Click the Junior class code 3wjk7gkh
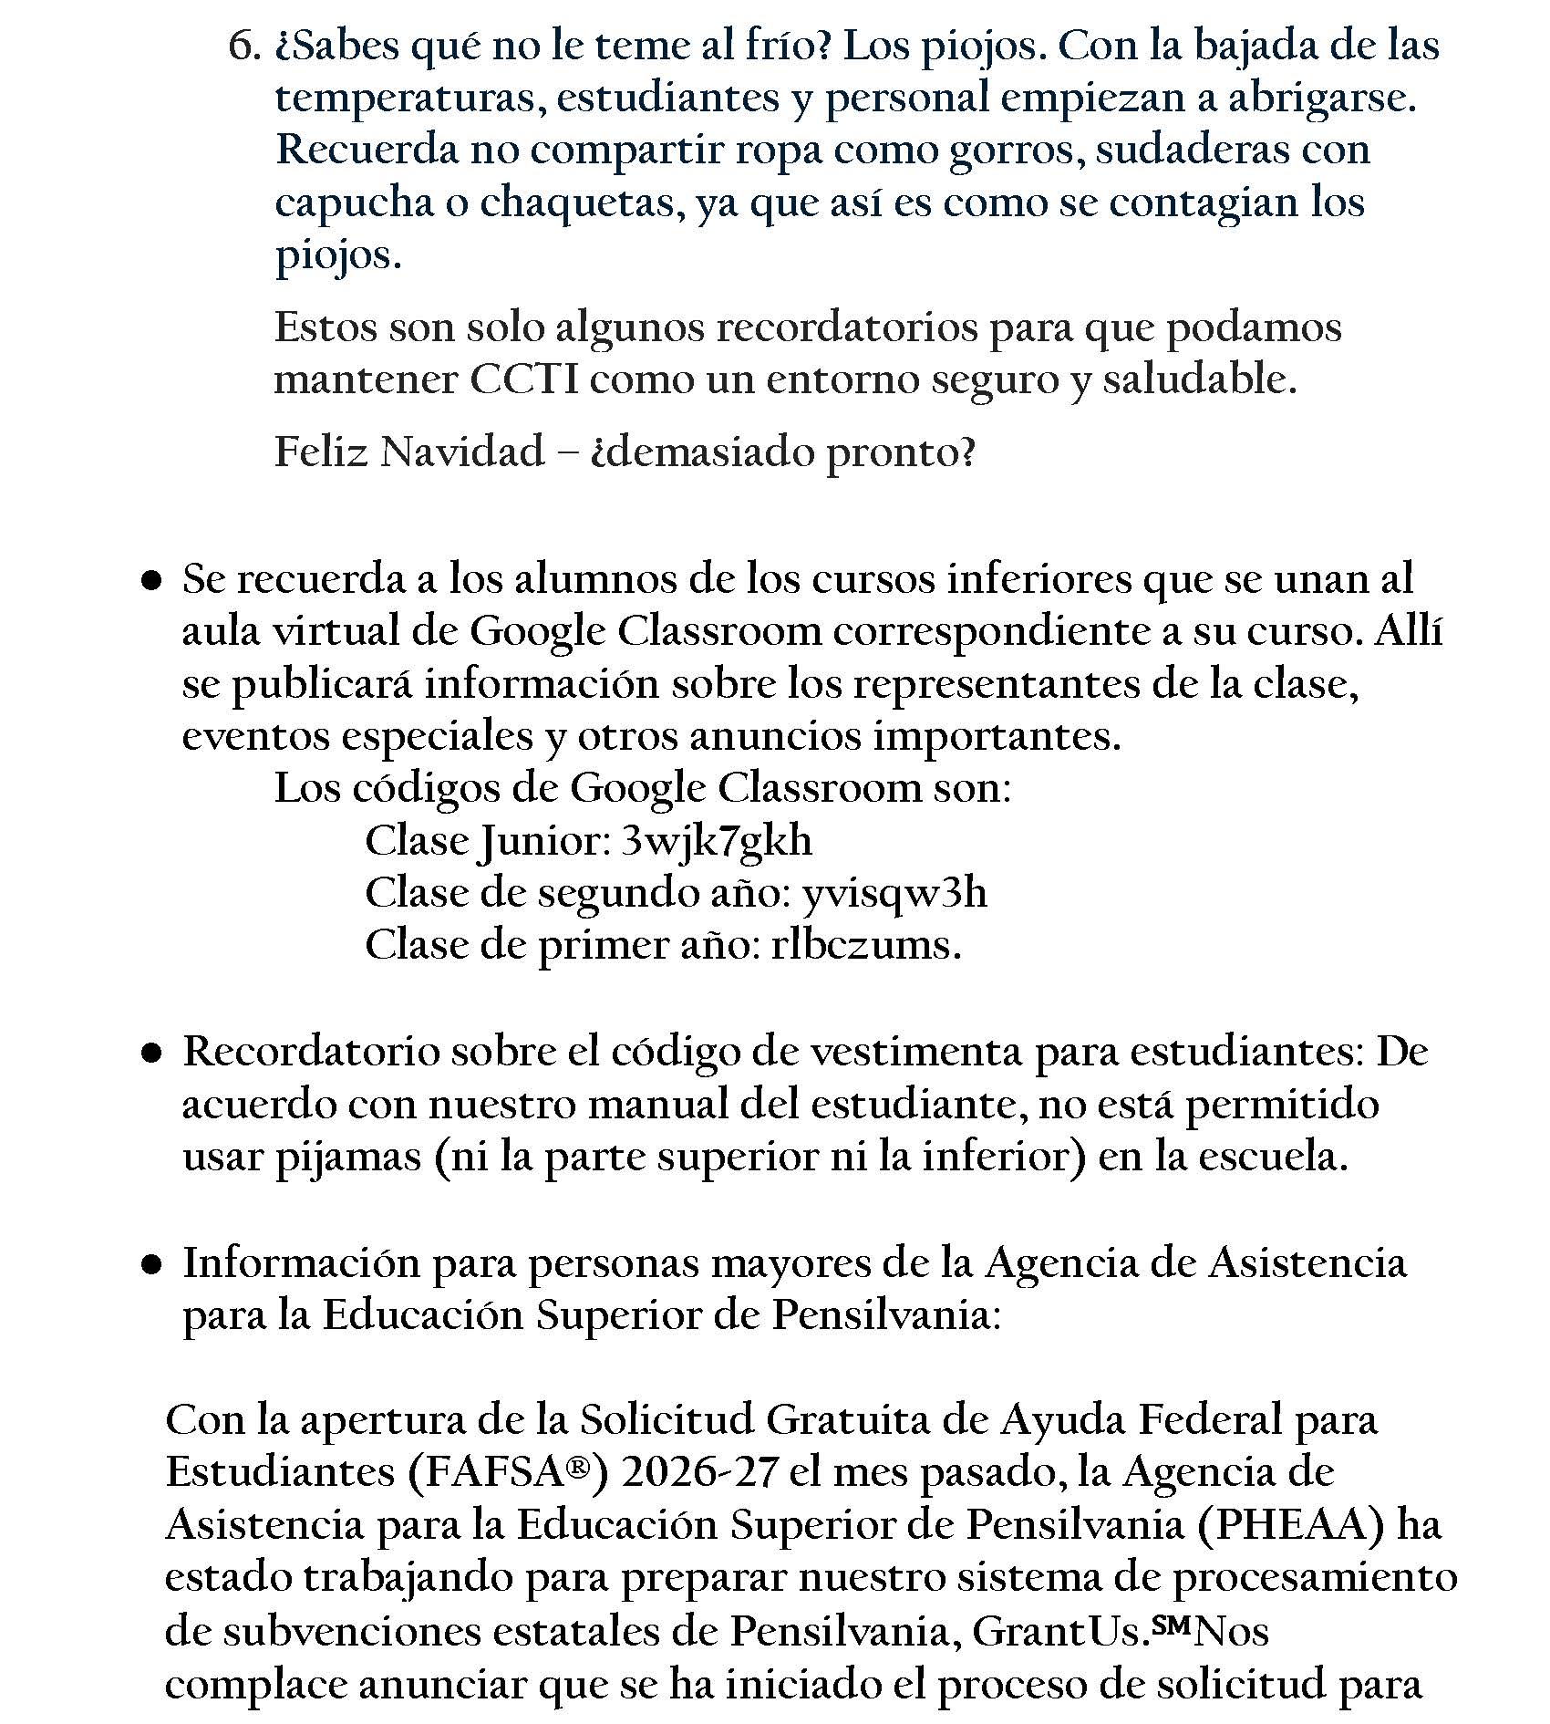coord(716,841)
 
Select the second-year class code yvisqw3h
coord(894,893)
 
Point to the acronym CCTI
coord(524,380)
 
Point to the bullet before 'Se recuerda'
coord(152,580)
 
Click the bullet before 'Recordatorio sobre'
coord(152,1054)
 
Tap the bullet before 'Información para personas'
coord(152,1265)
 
